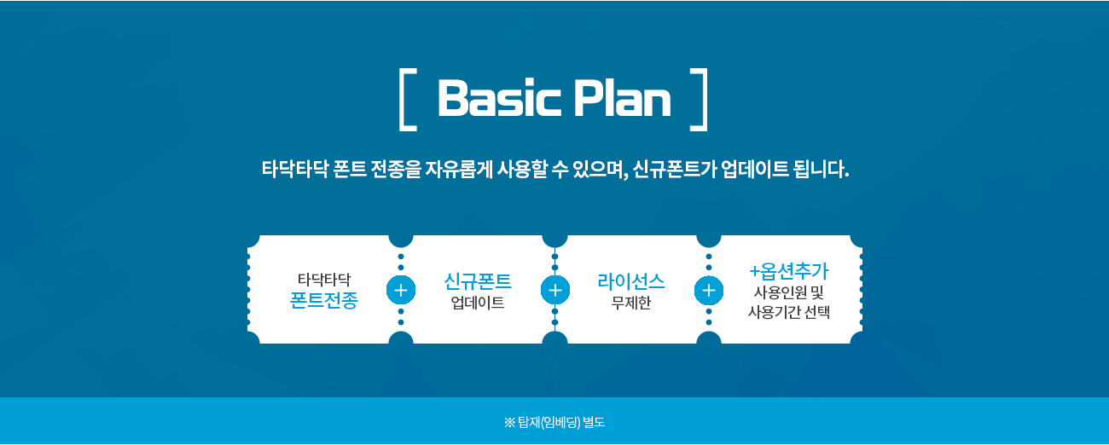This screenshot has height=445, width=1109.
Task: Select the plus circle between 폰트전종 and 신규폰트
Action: (400, 290)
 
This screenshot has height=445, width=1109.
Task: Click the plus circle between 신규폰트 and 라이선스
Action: (554, 290)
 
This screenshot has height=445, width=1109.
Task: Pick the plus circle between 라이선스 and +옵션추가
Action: (708, 290)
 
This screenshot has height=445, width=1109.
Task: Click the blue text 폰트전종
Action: (323, 301)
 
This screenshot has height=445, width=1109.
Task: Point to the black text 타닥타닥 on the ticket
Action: (323, 279)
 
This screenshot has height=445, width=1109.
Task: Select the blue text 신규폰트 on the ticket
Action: (478, 280)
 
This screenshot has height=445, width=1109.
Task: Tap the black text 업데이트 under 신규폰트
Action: (478, 303)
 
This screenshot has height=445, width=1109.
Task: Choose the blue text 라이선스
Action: (631, 280)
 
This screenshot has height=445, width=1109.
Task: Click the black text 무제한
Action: (631, 303)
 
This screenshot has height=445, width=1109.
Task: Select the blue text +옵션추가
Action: (788, 271)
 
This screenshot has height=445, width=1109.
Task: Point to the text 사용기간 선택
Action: (788, 312)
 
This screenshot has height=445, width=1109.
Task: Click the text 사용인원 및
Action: (788, 292)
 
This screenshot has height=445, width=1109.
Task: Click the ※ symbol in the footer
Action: (509, 422)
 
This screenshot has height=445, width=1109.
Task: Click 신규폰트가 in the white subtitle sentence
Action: (675, 169)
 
